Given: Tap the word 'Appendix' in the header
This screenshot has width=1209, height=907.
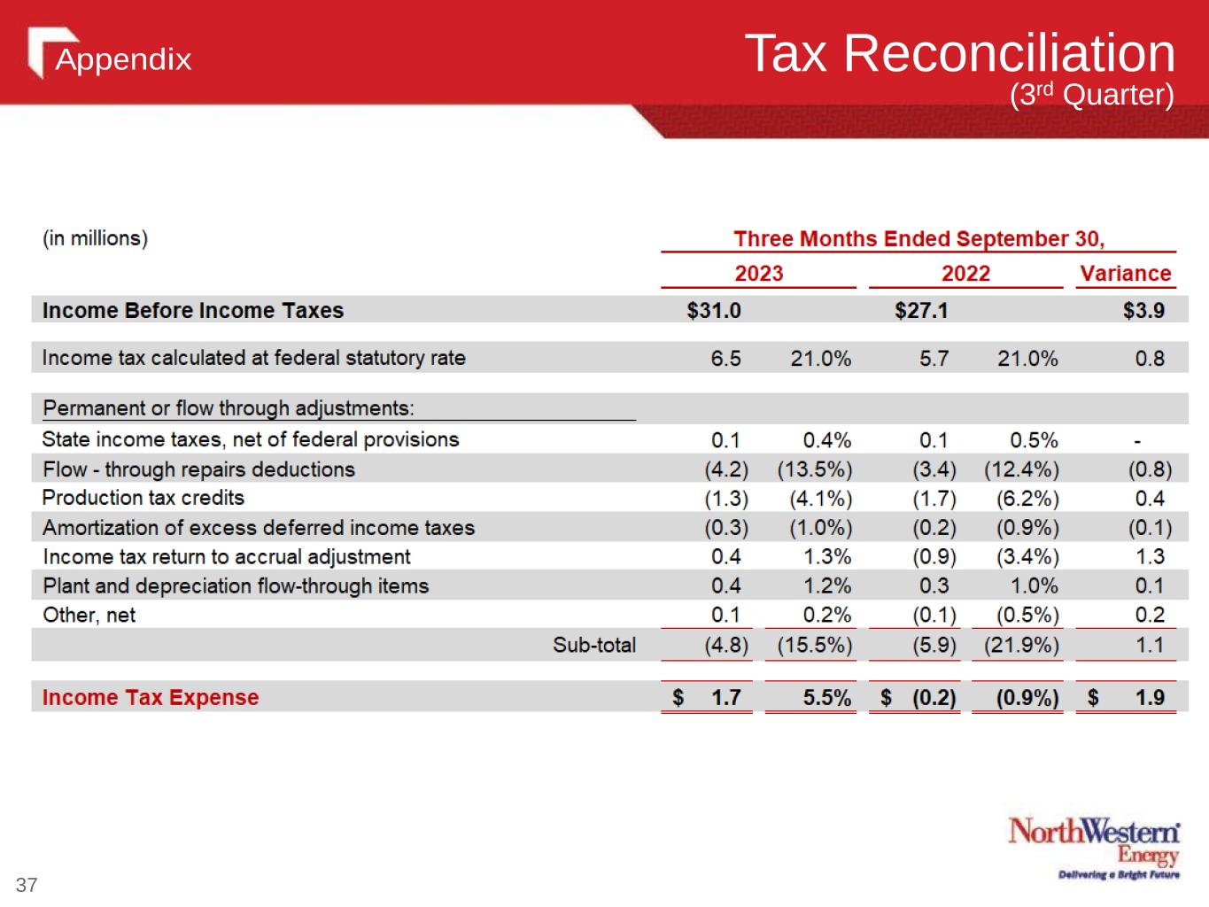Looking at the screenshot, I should [124, 59].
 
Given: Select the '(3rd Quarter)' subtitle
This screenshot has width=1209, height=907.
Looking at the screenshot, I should [1092, 95].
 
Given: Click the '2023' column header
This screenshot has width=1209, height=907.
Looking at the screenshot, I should [759, 274].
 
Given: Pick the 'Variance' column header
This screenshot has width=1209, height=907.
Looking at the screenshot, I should [1125, 274].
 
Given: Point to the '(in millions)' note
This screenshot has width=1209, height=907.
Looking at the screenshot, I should [96, 238].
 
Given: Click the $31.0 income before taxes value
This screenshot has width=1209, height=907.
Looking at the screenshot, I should [714, 311].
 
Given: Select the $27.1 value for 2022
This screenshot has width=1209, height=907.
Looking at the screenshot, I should [921, 311].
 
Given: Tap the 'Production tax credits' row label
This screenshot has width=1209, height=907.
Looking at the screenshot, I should [143, 498].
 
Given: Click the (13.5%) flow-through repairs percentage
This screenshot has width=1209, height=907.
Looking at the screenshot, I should [815, 469].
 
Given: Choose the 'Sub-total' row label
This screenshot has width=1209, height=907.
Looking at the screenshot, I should [594, 645].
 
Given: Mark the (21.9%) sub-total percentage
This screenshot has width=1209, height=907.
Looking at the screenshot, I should [1021, 645].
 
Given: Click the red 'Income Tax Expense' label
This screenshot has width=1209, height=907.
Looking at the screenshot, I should [151, 698].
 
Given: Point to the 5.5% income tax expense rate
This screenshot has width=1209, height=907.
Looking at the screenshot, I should [827, 698].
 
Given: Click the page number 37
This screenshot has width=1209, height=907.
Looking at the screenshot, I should [27, 885].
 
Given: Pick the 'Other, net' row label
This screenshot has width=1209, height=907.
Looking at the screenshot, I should [89, 616].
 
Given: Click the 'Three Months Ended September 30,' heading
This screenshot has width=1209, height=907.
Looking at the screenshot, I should [919, 239].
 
